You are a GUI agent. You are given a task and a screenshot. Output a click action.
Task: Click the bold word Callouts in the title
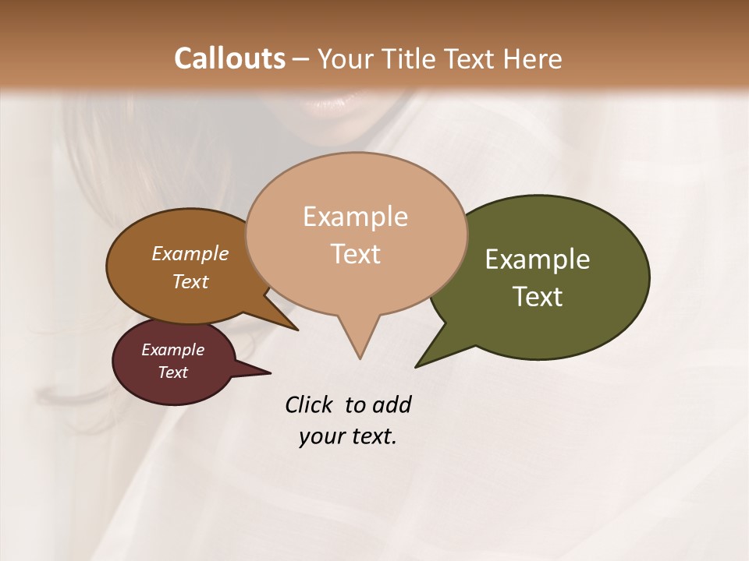tap(229, 58)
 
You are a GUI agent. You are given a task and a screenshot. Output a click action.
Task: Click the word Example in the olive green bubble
tap(538, 259)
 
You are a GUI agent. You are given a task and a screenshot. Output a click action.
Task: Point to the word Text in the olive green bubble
tap(538, 297)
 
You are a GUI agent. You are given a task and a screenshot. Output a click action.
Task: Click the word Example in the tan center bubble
tap(355, 217)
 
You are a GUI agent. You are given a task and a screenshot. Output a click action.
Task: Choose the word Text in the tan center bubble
tap(355, 254)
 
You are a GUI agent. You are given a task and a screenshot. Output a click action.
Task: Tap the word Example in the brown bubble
tap(190, 254)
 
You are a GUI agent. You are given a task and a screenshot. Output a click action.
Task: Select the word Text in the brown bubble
tap(190, 282)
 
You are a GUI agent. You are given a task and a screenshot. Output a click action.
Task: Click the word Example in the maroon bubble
tap(172, 350)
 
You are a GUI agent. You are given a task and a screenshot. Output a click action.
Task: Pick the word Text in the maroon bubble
tap(172, 372)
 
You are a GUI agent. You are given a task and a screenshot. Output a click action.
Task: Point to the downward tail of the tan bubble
tap(359, 343)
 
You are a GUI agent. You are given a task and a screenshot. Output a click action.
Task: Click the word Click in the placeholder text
tap(308, 405)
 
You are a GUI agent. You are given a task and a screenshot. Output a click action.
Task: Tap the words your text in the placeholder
tap(347, 437)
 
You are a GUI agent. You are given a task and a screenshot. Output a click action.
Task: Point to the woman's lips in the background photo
tap(335, 104)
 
